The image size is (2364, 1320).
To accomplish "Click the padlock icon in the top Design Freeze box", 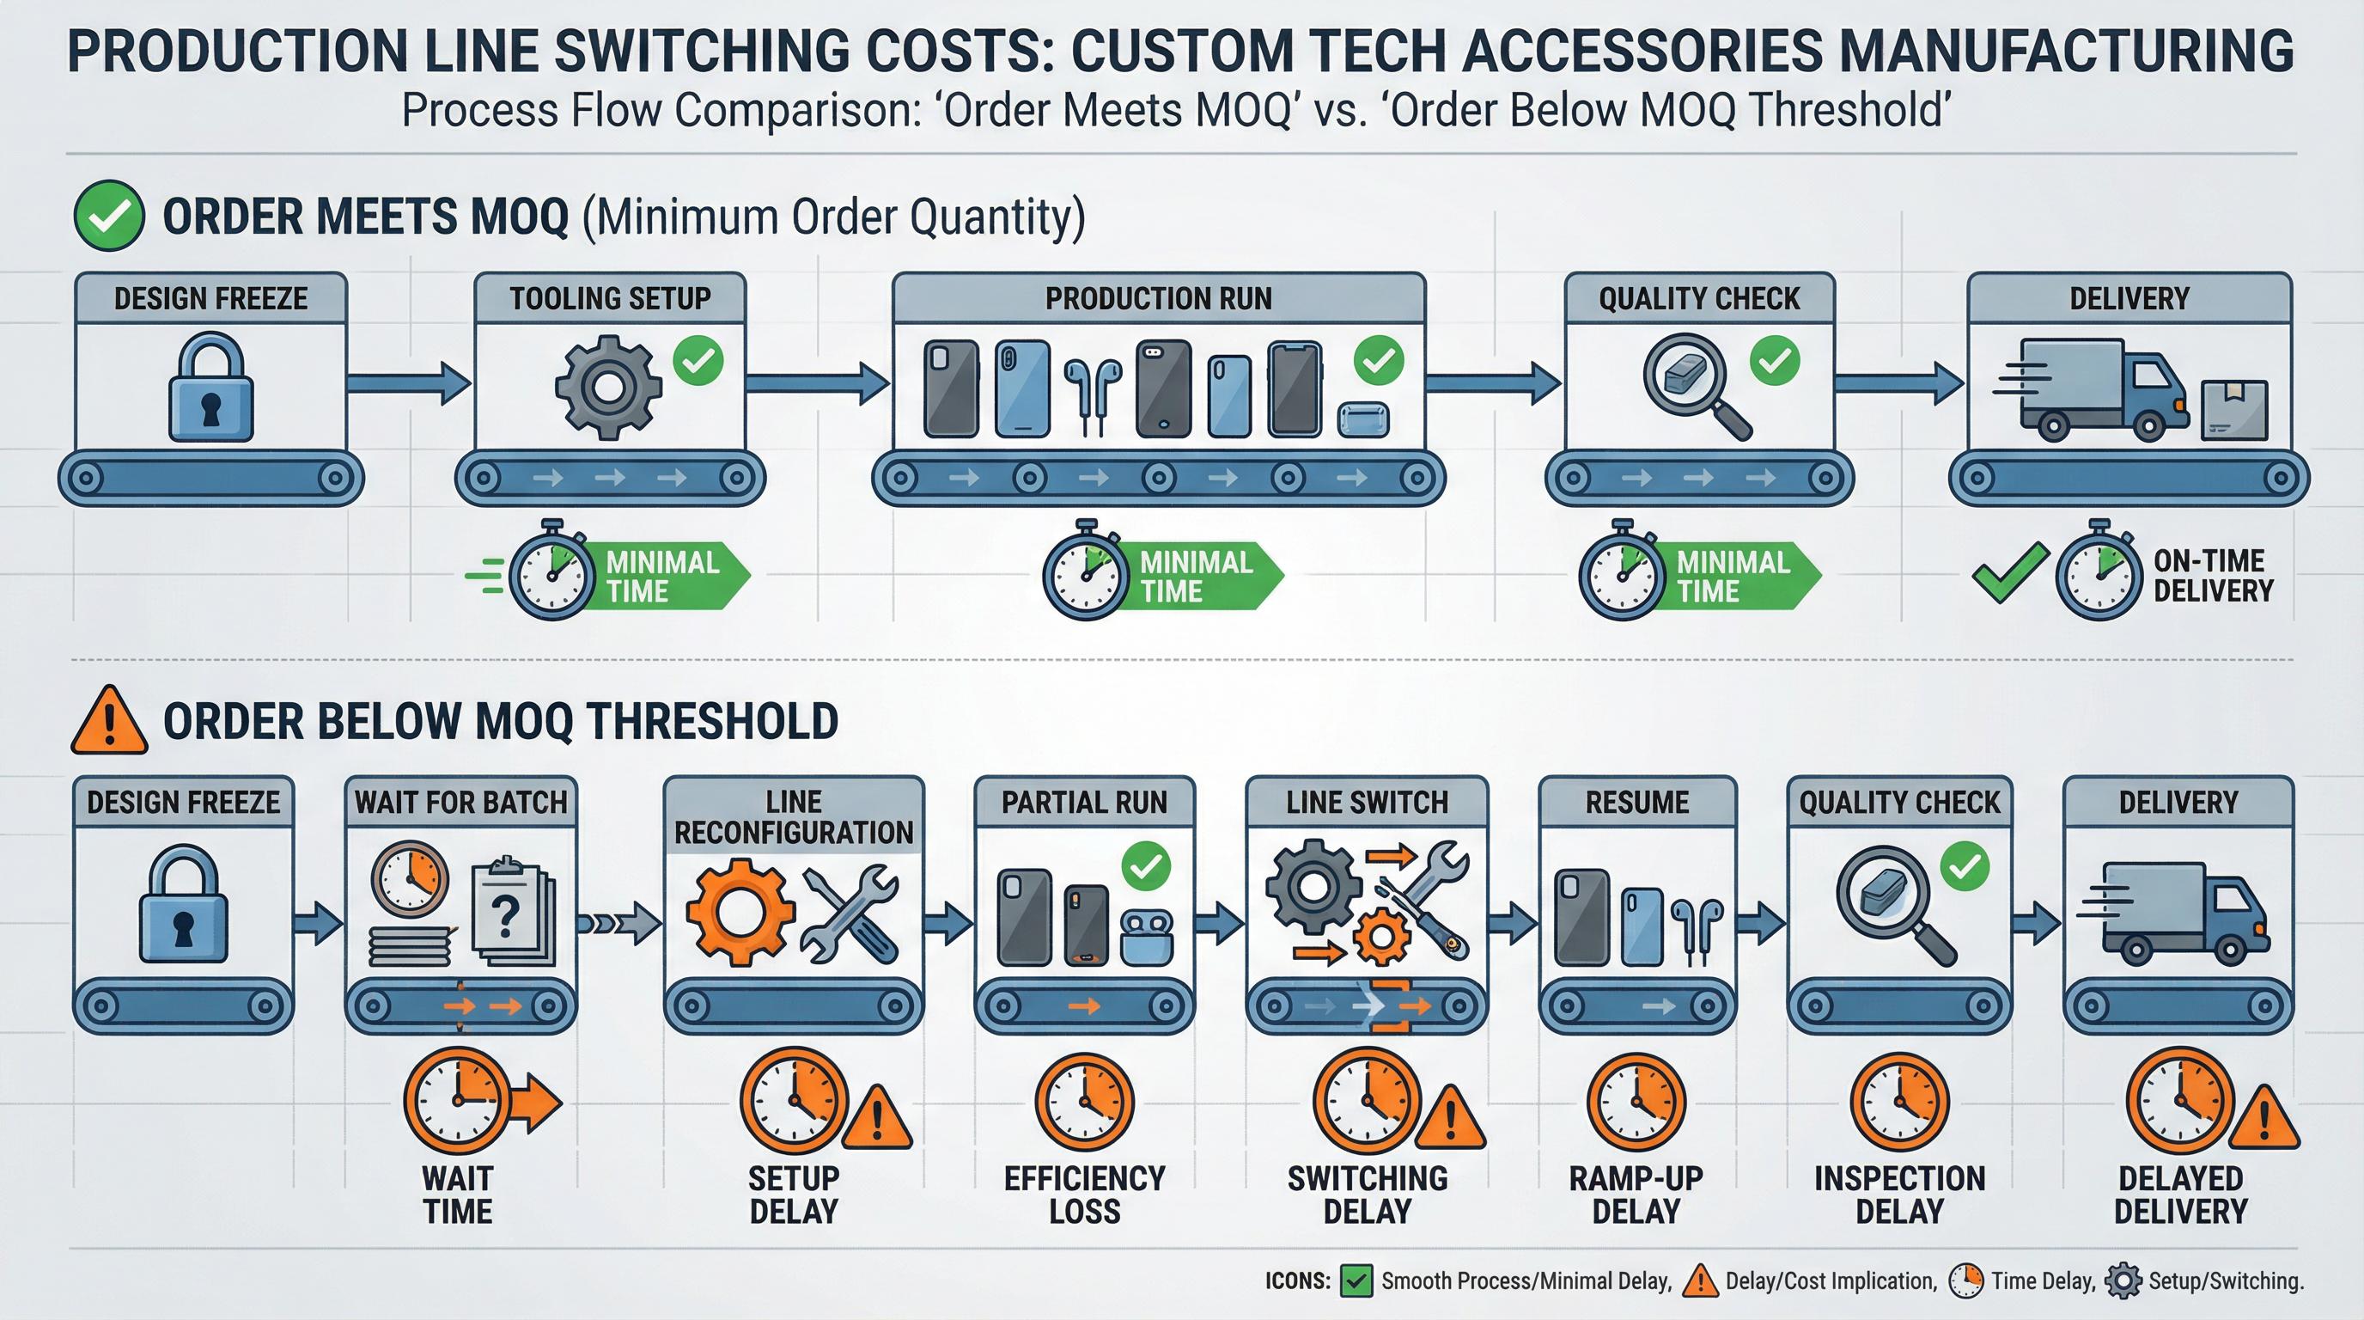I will point(211,388).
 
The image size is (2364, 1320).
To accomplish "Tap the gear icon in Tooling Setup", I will point(607,387).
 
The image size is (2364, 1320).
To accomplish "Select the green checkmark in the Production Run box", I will point(1379,360).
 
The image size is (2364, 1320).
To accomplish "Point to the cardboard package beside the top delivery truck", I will point(2233,409).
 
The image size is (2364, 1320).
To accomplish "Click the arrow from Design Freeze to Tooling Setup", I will point(407,382).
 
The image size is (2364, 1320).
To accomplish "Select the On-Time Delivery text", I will point(2213,576).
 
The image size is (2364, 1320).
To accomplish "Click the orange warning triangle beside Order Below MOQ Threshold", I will point(109,722).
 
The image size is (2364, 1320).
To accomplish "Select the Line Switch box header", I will point(1367,803).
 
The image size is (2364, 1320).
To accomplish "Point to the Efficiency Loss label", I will point(1084,1195).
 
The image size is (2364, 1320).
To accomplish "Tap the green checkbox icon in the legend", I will point(1356,1280).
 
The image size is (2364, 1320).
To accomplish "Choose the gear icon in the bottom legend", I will point(2123,1281).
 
